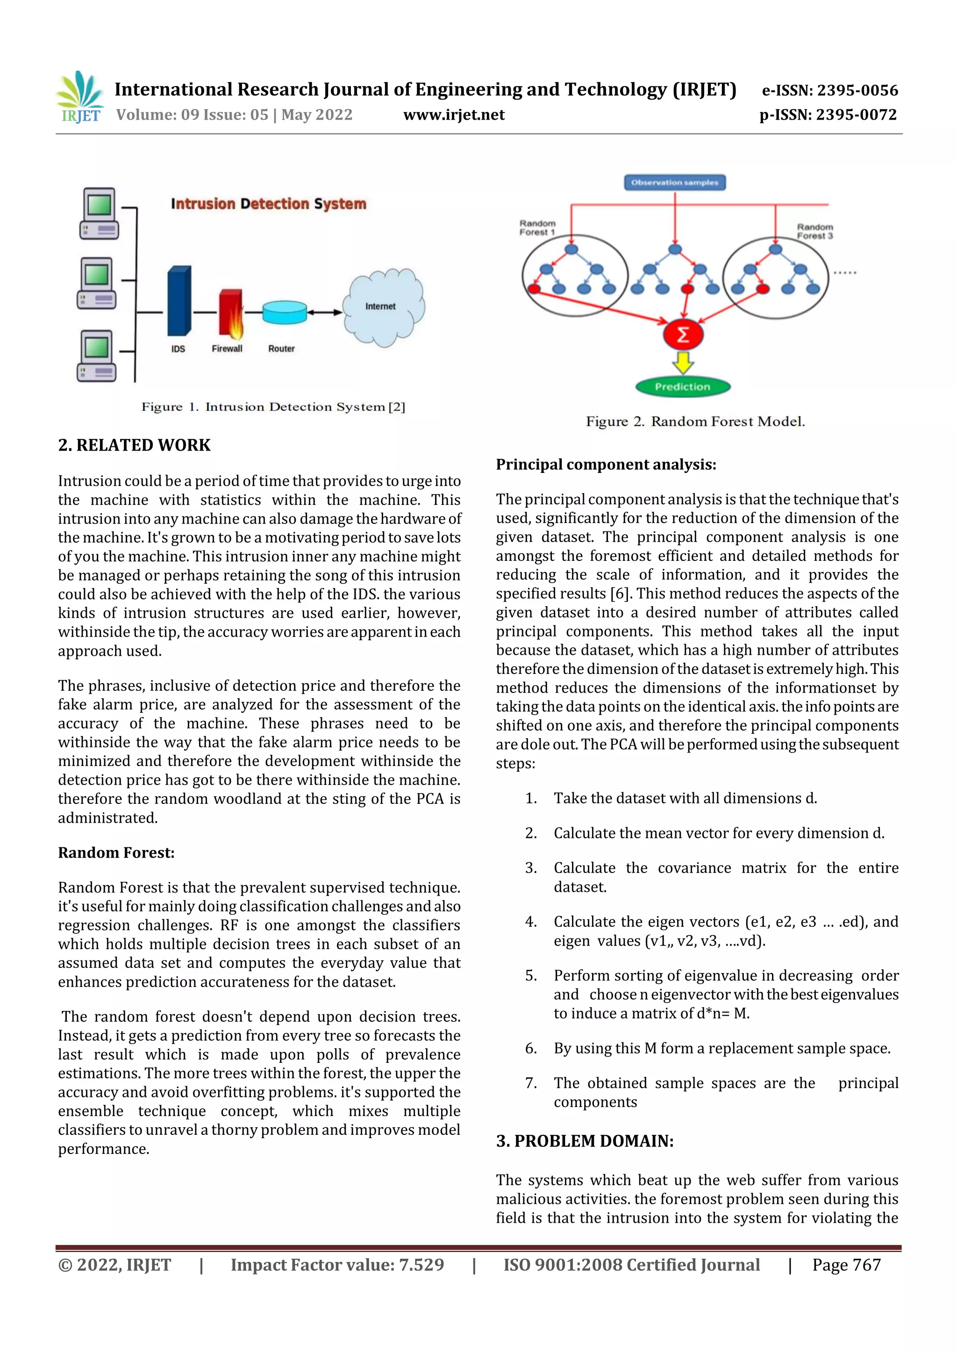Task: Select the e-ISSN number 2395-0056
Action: tap(829, 90)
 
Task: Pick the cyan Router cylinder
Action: tap(284, 313)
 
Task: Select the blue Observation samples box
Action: tap(675, 182)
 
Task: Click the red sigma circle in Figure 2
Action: tap(683, 335)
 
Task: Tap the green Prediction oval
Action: tap(683, 387)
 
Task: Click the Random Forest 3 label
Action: tap(814, 231)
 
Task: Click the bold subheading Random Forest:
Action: tap(116, 853)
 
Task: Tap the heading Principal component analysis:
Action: tap(606, 465)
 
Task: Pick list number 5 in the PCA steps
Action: tap(531, 975)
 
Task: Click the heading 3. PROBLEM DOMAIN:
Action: tap(585, 1141)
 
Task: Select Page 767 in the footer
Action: tap(846, 1265)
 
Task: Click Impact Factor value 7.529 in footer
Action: tap(337, 1265)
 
